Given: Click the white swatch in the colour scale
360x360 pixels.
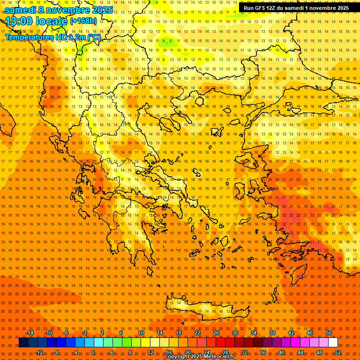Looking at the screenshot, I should [333, 343].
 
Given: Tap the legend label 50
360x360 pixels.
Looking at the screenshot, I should [329, 333].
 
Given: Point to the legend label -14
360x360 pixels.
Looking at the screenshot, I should [30, 333].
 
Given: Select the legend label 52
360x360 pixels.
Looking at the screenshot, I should [338, 352].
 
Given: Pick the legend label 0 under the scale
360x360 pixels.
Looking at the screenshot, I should [93, 352].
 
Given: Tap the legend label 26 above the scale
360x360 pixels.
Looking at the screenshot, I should [216, 333].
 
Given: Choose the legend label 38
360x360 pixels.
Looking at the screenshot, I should [272, 333].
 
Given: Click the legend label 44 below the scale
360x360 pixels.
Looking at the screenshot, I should [300, 352].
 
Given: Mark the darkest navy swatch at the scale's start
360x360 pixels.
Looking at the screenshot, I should [23, 343].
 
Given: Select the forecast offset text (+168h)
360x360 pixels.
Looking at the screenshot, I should [83, 21].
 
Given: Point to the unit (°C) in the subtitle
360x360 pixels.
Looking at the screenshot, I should [93, 37].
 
